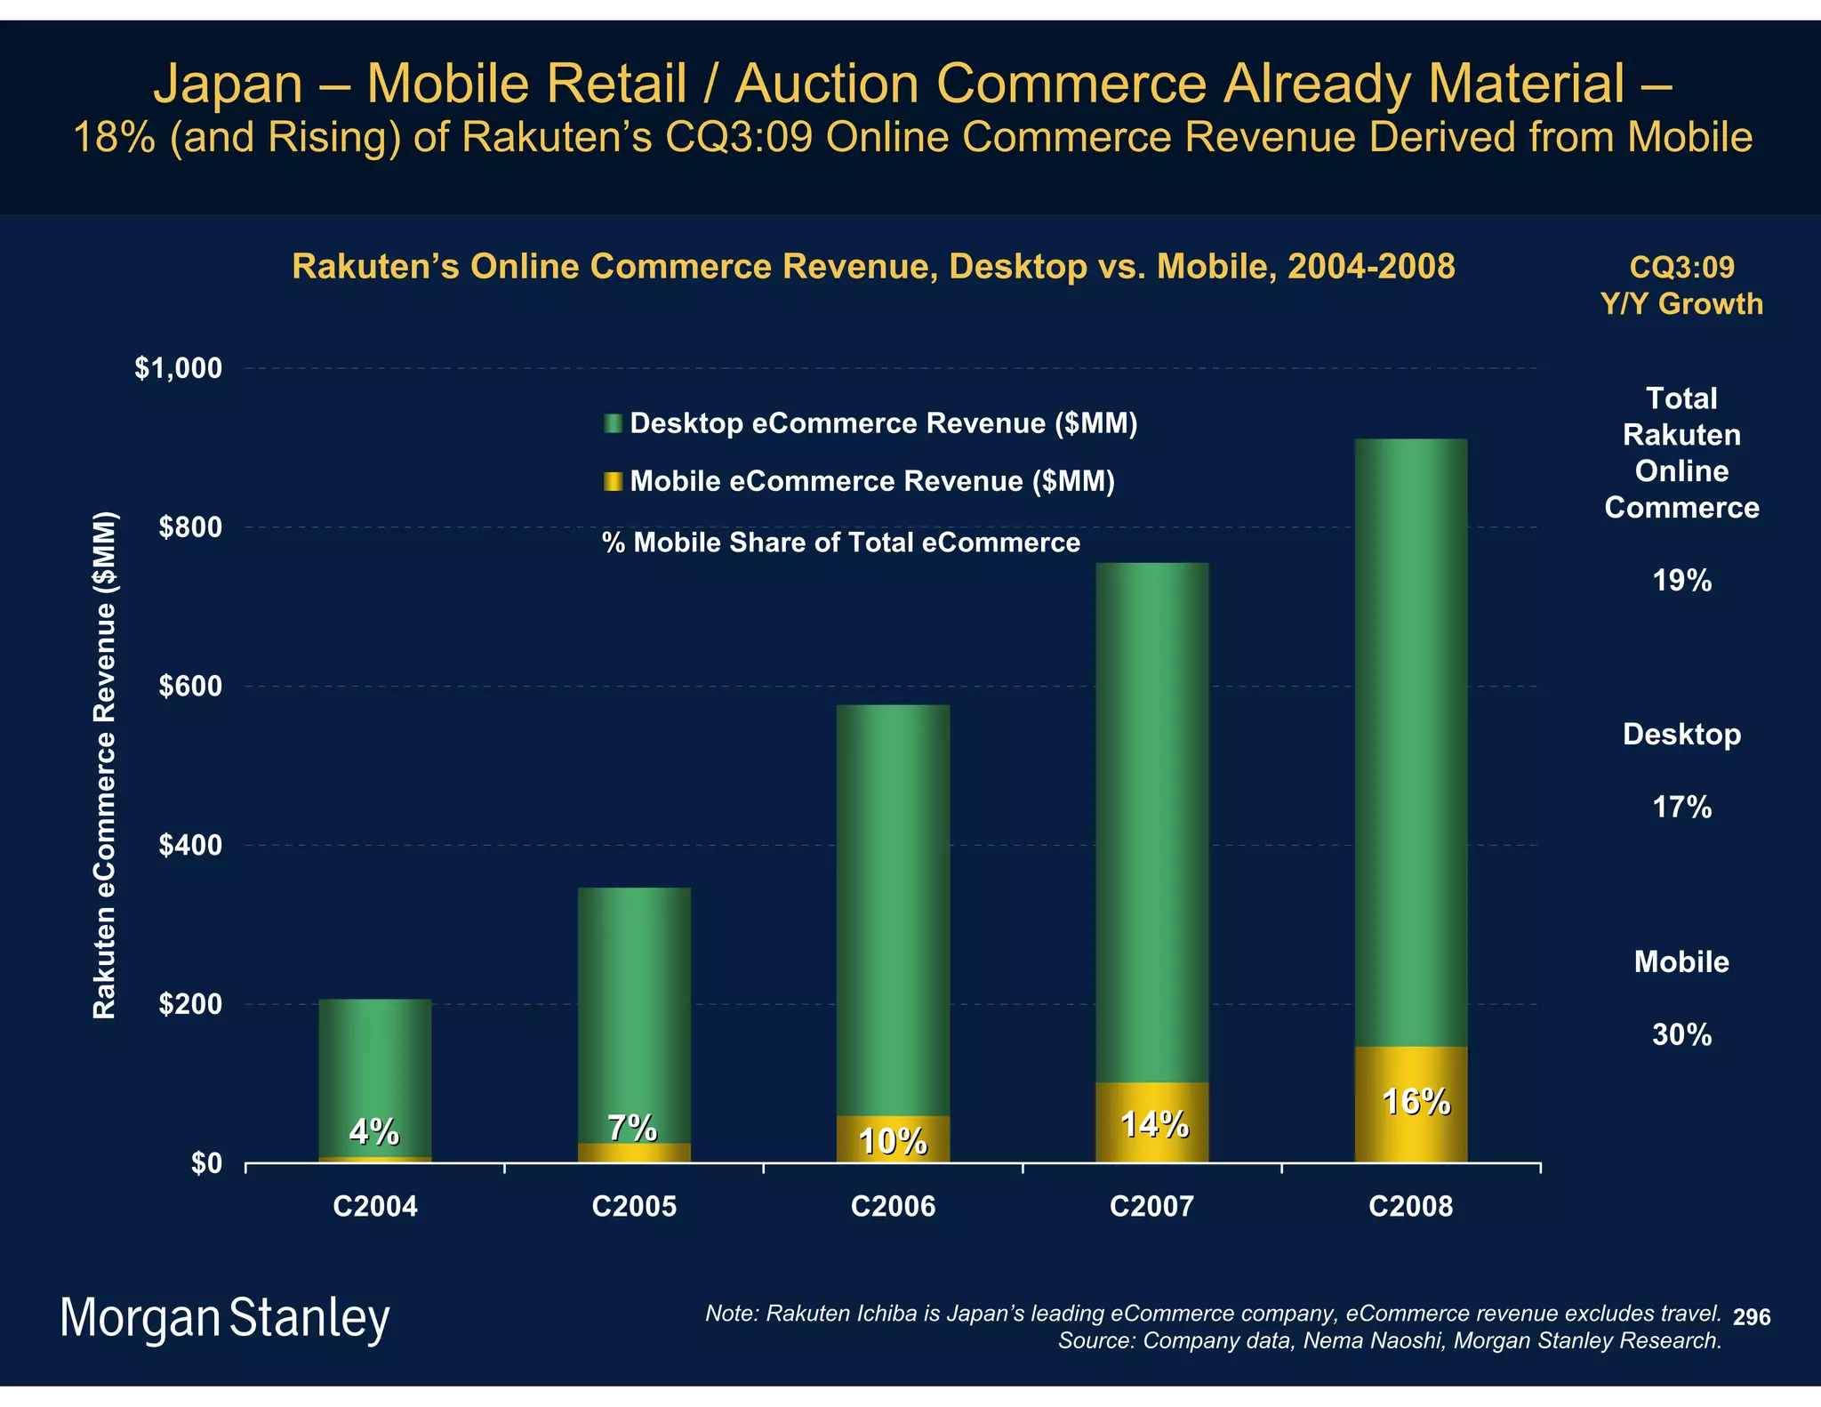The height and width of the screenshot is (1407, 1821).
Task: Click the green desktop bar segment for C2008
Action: pos(1410,743)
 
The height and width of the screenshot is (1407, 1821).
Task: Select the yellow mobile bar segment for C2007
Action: pos(1151,1122)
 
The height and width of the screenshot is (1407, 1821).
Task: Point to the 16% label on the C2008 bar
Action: pos(1416,1103)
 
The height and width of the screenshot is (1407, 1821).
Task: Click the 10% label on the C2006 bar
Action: pos(893,1142)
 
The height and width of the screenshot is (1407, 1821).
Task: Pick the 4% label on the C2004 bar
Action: pos(373,1132)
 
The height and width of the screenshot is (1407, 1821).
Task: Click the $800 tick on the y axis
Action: pos(189,527)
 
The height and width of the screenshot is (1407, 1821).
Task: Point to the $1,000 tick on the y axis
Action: pos(178,368)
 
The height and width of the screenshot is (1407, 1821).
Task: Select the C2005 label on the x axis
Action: pos(634,1207)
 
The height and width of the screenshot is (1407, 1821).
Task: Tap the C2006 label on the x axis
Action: pos(893,1207)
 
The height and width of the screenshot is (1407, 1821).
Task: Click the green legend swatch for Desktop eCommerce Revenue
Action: pos(613,423)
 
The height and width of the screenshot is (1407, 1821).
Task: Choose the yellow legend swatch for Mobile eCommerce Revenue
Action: pos(613,482)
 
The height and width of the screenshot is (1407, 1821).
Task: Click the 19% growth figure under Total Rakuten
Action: pos(1681,581)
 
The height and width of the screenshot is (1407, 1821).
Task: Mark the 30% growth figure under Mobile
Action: pos(1681,1034)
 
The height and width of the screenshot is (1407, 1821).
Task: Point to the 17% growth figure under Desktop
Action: pos(1681,808)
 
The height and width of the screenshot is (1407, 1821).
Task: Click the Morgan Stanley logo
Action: pos(225,1318)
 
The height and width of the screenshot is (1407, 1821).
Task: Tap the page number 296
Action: pos(1752,1317)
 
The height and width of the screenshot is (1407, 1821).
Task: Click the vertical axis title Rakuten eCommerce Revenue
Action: pos(105,765)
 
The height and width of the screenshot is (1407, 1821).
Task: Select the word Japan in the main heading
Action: pos(229,84)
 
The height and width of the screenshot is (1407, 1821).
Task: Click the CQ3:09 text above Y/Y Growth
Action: pos(1681,267)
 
